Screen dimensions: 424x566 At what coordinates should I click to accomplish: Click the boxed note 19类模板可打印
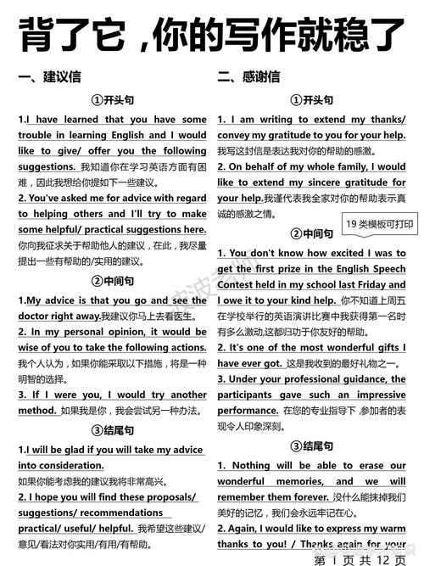(x=378, y=224)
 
